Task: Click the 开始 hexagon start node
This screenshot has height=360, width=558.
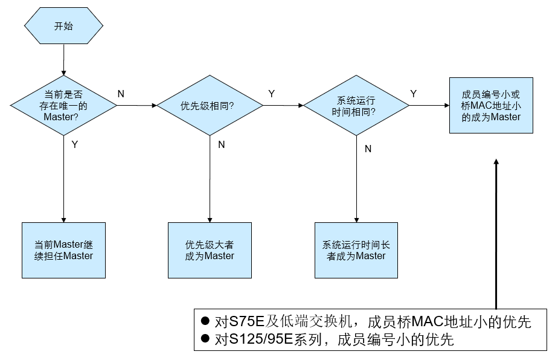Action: [63, 27]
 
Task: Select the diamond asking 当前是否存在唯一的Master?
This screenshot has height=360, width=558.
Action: [63, 105]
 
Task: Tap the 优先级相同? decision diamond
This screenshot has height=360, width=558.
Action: [209, 106]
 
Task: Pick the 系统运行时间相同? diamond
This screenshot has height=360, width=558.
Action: [356, 106]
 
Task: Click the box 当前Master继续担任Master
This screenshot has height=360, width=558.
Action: [63, 250]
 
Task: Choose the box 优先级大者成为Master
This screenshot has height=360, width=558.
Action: [210, 250]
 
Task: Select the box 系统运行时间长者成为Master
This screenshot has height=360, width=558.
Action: [356, 250]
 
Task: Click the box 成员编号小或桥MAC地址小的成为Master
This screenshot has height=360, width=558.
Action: [491, 105]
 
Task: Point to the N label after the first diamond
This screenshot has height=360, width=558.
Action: [121, 94]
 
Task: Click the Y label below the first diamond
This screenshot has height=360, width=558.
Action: [74, 144]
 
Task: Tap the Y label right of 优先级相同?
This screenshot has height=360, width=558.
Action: [272, 94]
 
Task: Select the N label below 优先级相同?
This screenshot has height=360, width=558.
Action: [221, 144]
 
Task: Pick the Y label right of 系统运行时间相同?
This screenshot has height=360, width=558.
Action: [414, 94]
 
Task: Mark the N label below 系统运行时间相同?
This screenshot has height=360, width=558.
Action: [368, 148]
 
